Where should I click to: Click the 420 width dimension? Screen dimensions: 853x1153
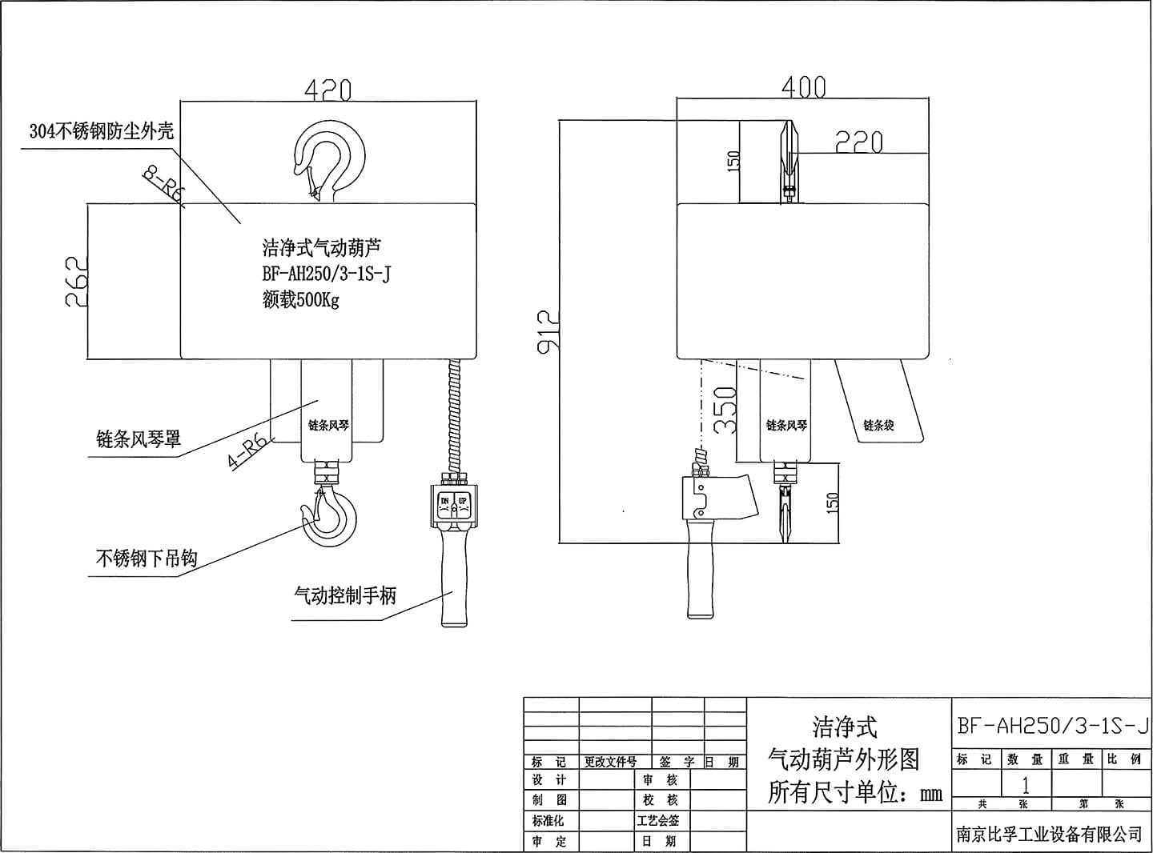tap(327, 90)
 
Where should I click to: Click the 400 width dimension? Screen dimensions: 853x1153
tap(803, 86)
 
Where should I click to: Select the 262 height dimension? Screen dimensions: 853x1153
tap(76, 281)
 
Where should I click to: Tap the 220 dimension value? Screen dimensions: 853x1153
tap(859, 142)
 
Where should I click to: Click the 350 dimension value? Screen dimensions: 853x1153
tap(725, 410)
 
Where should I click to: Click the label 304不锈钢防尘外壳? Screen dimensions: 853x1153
tap(101, 131)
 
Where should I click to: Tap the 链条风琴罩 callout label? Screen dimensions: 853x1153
tap(138, 439)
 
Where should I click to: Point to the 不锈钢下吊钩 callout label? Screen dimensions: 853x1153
tap(146, 558)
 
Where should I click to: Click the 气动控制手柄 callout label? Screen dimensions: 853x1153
tap(345, 595)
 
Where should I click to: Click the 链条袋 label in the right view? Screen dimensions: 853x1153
tap(878, 425)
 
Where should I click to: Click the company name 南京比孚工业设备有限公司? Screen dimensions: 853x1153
tap(1049, 834)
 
